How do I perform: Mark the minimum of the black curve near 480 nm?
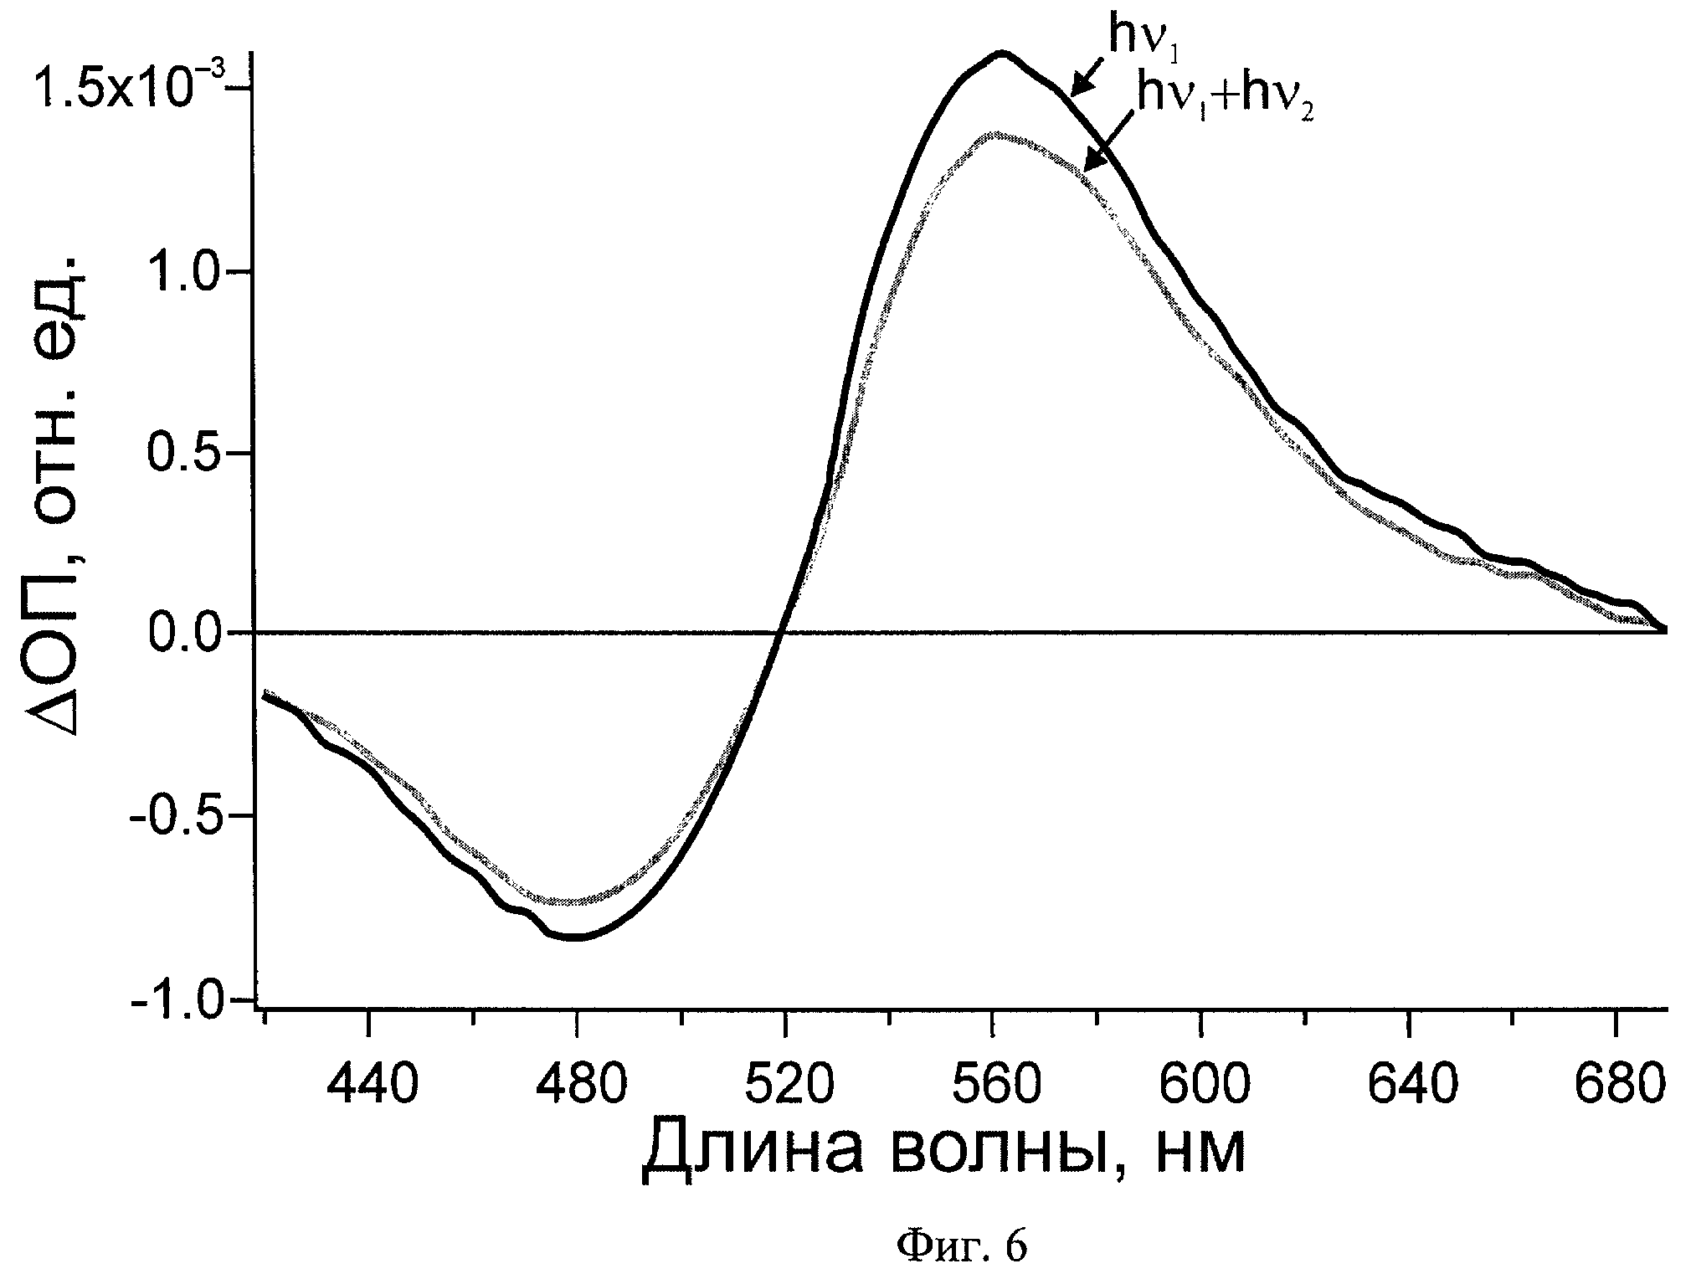point(577,937)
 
